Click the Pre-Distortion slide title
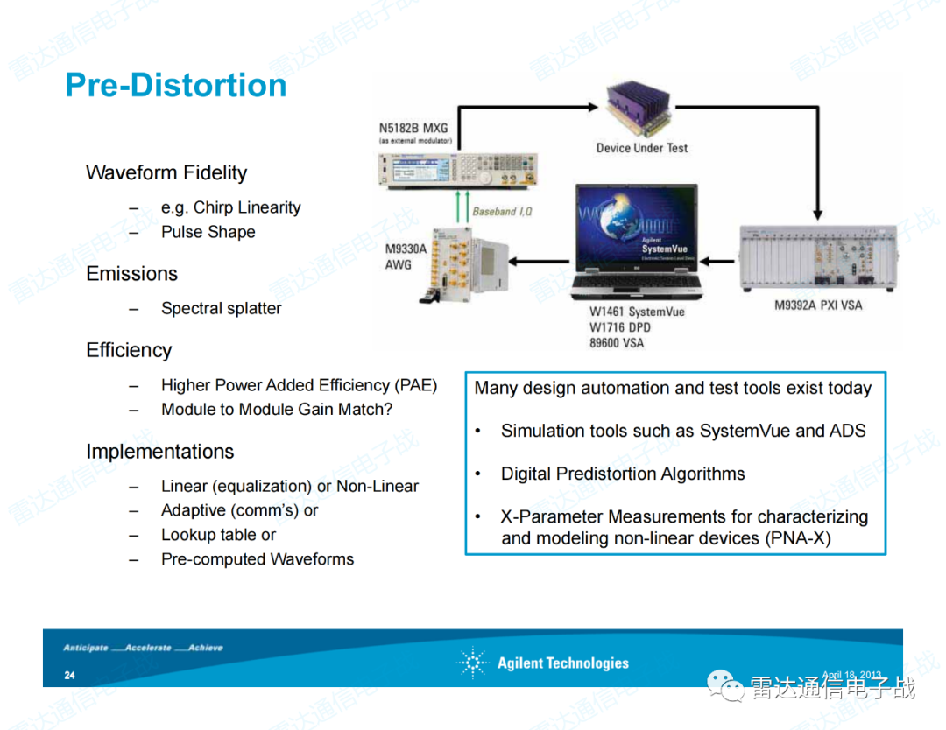tap(176, 85)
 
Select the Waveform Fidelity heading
tap(166, 172)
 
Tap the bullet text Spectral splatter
tap(221, 308)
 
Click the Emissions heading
tap(131, 274)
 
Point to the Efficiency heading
tap(129, 350)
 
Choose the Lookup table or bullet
tap(218, 535)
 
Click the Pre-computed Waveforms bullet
tap(258, 559)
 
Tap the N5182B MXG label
tap(413, 128)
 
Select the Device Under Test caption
tap(642, 148)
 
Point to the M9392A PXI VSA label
tap(819, 305)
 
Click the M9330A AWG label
tap(406, 256)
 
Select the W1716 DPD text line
tap(620, 327)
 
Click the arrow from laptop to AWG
tap(540, 260)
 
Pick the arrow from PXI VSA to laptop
tap(721, 260)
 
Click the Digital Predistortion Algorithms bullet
tap(623, 474)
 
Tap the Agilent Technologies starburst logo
tap(472, 663)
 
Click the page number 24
tap(69, 676)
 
